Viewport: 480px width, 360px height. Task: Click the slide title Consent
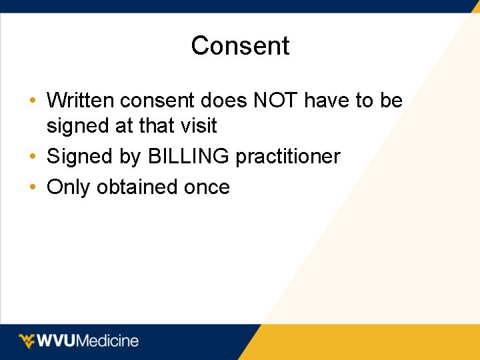240,46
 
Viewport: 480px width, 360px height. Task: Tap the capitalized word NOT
277,101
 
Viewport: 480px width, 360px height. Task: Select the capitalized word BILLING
189,157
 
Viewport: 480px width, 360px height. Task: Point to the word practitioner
287,157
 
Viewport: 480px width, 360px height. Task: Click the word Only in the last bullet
69,187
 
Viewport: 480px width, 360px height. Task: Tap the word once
207,188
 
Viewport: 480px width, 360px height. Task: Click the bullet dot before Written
33,101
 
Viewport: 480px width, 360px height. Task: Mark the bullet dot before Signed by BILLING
33,157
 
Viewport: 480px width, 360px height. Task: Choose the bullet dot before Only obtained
33,187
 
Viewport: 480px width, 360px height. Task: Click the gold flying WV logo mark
27,341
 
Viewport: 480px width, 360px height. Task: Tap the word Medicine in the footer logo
108,341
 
